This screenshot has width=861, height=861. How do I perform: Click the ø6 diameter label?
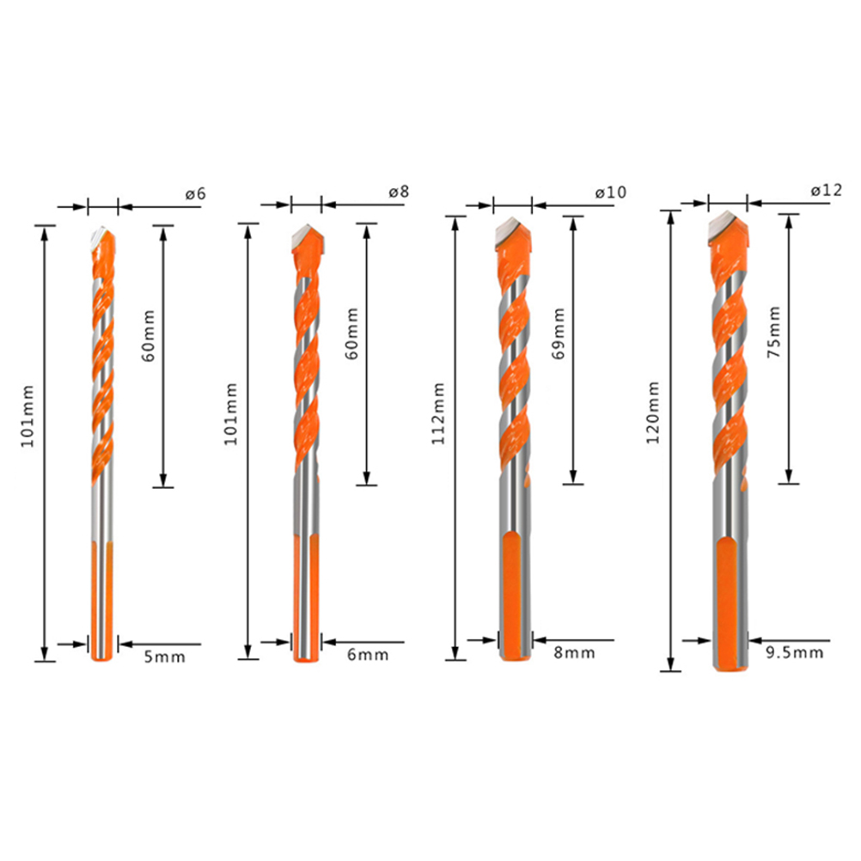tap(195, 194)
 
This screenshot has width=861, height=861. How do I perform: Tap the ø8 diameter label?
tap(400, 192)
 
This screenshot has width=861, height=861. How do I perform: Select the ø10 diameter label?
tap(611, 192)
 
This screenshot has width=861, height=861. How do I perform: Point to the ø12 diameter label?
tap(827, 190)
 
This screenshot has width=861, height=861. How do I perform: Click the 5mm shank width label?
tap(165, 656)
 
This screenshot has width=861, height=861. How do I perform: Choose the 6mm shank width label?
tap(368, 655)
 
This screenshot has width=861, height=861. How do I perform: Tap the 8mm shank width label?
tap(574, 652)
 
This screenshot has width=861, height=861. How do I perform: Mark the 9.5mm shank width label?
tap(795, 652)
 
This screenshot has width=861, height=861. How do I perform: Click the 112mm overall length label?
tap(438, 413)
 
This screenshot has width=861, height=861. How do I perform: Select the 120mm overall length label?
tap(653, 412)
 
